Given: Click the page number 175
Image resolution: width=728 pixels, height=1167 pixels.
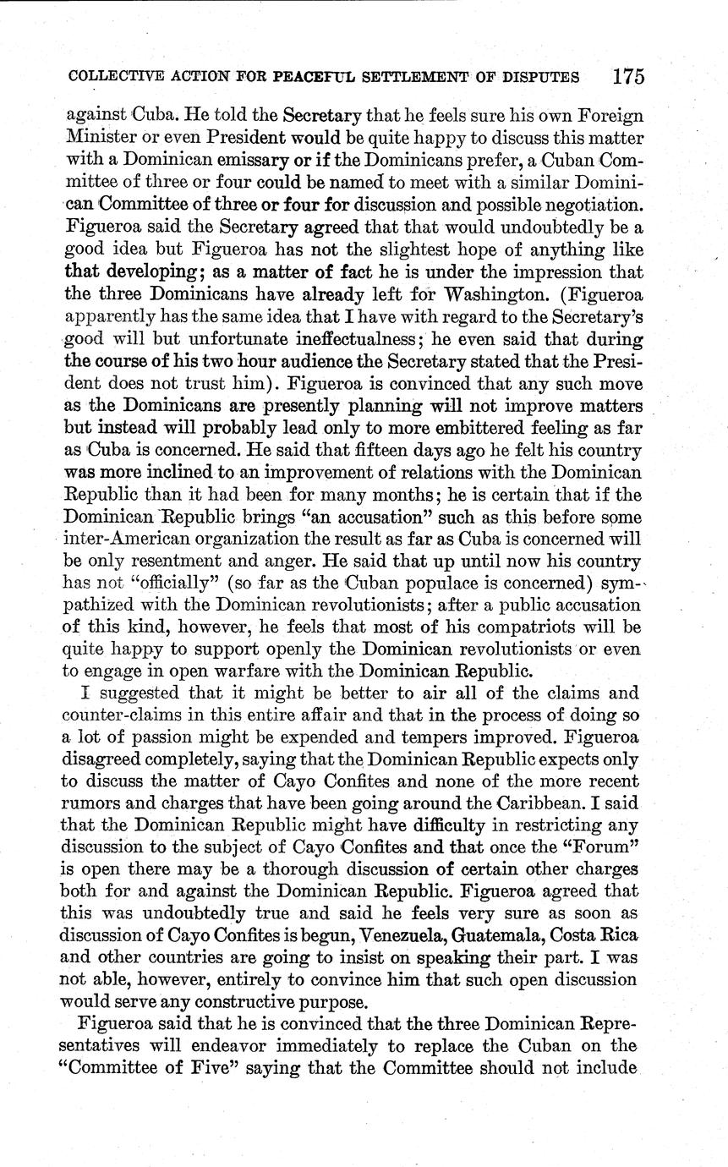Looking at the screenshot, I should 629,76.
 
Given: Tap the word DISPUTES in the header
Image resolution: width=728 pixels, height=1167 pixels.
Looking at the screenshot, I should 539,77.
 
